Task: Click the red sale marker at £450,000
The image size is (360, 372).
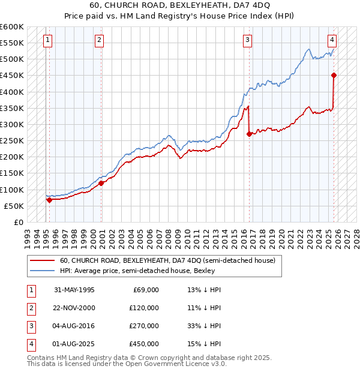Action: [x=334, y=75]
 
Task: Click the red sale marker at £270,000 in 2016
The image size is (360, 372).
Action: [x=249, y=134]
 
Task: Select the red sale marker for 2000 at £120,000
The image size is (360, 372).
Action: [x=101, y=183]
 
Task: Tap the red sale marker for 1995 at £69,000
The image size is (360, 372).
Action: [x=49, y=200]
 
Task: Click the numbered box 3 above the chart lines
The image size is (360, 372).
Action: [x=247, y=40]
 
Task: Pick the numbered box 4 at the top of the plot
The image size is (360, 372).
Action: [x=332, y=40]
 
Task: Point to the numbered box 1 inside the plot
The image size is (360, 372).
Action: [x=47, y=40]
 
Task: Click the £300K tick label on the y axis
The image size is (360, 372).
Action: [x=12, y=124]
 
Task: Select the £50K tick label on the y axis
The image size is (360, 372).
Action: [x=14, y=206]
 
